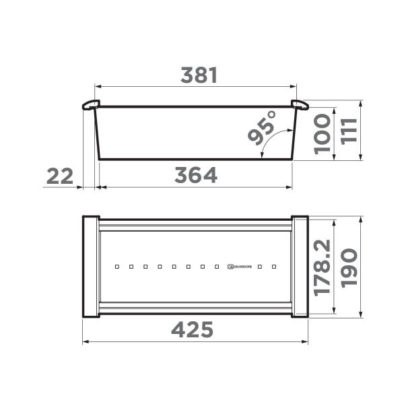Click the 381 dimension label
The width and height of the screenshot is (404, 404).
[x=199, y=76]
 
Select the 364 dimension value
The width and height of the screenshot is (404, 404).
[x=196, y=176]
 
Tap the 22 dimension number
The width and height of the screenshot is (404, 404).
[x=60, y=176]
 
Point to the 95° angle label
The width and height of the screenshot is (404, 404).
[x=263, y=128]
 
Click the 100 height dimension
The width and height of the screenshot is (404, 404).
[x=323, y=133]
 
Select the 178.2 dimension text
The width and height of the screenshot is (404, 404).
[x=323, y=267]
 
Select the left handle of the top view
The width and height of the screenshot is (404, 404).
[x=91, y=267]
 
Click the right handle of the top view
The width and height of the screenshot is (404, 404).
[x=300, y=267]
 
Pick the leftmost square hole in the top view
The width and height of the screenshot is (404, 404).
[x=116, y=267]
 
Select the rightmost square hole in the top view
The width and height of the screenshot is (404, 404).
[x=274, y=267]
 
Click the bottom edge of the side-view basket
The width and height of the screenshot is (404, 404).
[x=195, y=159]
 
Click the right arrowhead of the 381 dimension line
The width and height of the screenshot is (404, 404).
[x=294, y=86]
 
